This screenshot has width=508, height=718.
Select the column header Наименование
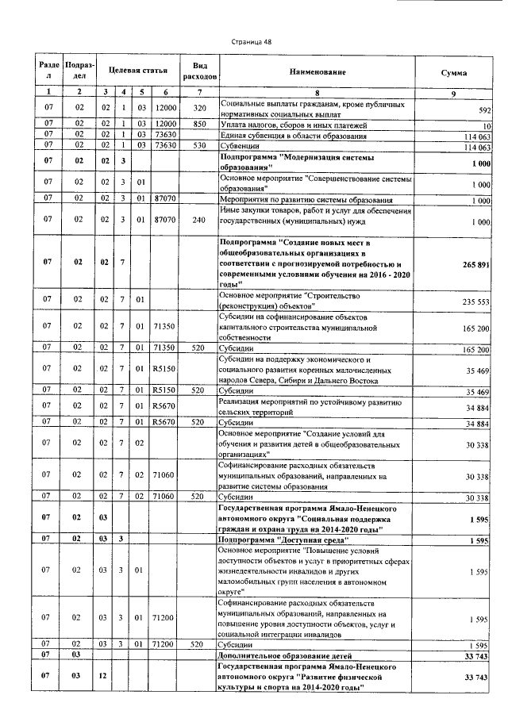tap(314, 72)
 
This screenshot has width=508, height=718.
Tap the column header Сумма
tap(453, 72)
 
